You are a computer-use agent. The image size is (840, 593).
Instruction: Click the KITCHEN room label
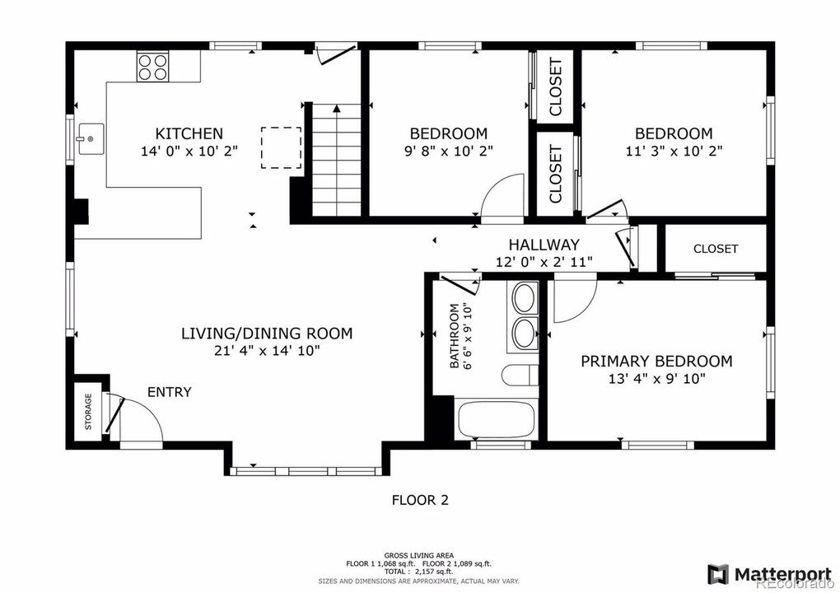click(x=189, y=133)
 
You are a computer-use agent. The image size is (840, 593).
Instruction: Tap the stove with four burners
click(x=152, y=67)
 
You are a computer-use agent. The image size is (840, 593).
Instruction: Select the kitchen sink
click(x=91, y=138)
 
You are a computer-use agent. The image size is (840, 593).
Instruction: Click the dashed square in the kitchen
click(x=282, y=148)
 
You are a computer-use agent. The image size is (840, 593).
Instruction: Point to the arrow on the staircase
click(x=337, y=109)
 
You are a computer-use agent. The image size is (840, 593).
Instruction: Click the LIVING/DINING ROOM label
click(x=267, y=334)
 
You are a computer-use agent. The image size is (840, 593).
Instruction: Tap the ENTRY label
click(x=170, y=392)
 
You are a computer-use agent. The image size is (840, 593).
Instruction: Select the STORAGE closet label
click(x=88, y=412)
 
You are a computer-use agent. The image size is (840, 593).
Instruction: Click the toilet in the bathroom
click(x=520, y=375)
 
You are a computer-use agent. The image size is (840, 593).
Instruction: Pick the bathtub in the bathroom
click(x=496, y=418)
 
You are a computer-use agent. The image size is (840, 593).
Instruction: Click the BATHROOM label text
click(x=455, y=336)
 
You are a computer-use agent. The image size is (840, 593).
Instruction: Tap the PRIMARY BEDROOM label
click(x=657, y=361)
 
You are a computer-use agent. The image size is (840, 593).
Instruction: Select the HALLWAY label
click(x=544, y=245)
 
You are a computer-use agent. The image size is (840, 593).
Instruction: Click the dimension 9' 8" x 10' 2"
click(x=448, y=151)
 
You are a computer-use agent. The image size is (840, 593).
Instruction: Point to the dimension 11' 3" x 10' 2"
click(x=674, y=151)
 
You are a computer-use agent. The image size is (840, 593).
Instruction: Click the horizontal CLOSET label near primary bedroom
click(x=716, y=249)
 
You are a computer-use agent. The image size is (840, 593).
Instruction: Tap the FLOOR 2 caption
click(x=421, y=500)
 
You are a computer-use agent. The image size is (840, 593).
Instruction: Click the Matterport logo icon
click(x=718, y=574)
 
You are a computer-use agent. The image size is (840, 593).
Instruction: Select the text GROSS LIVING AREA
click(x=419, y=555)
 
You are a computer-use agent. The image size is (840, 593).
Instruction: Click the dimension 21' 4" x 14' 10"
click(x=266, y=351)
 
